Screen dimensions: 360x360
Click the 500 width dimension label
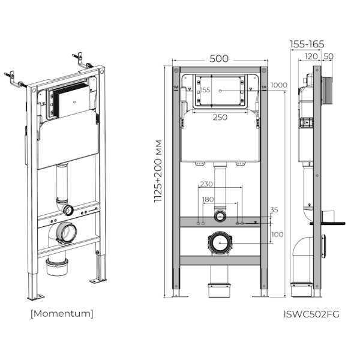(x=219, y=59)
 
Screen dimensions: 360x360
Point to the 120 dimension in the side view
(x=311, y=56)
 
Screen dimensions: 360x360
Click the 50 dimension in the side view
(x=328, y=56)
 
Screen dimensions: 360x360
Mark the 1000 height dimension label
(x=278, y=85)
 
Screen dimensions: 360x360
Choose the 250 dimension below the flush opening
(x=220, y=117)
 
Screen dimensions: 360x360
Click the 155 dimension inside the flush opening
(x=205, y=89)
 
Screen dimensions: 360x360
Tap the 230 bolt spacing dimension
(x=207, y=185)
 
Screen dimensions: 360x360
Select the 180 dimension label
(x=207, y=199)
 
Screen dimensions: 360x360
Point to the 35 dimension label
(x=275, y=210)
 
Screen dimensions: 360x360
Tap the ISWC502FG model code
(x=311, y=313)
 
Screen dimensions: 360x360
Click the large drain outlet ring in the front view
(x=220, y=242)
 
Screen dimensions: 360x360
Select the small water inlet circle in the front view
(x=220, y=215)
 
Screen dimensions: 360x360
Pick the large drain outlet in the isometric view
(x=66, y=231)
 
